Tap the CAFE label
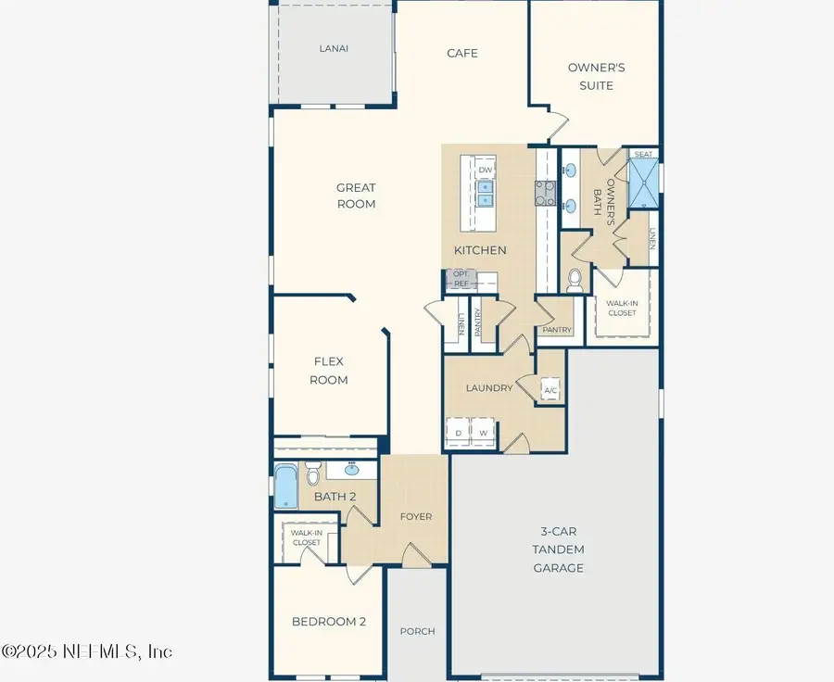(462, 53)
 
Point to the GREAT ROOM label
(356, 196)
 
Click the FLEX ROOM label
(329, 371)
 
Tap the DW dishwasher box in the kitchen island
(486, 170)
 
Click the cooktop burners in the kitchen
(544, 192)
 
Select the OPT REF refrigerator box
(460, 279)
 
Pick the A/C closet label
(550, 391)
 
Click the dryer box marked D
(458, 433)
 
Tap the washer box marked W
(483, 433)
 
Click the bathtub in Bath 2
(284, 486)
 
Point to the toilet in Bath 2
(313, 475)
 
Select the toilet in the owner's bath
(575, 278)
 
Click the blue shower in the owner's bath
(644, 183)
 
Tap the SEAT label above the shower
(643, 154)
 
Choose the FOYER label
(415, 516)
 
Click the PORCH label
(417, 631)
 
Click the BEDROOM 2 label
(328, 621)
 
